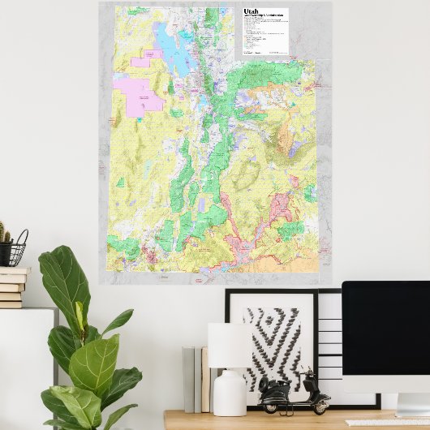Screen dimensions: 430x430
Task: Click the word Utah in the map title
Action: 250,13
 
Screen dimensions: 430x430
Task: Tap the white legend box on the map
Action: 264,32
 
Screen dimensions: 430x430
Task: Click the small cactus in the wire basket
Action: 5,234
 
